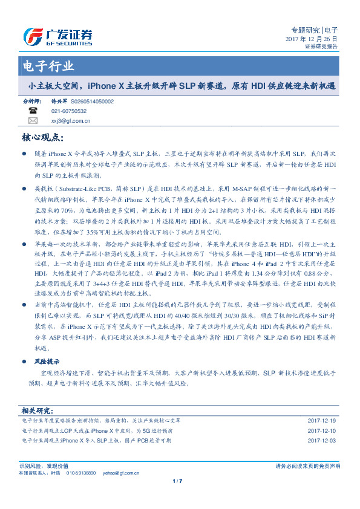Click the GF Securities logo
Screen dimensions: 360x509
[x=57, y=37]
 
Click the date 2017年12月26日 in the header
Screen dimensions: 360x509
[x=311, y=38]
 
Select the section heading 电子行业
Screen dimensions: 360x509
[x=48, y=66]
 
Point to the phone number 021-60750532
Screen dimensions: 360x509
[x=68, y=111]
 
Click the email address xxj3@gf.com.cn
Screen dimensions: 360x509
[x=70, y=120]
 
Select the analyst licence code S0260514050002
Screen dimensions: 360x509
[x=93, y=102]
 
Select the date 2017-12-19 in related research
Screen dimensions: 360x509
[x=321, y=420]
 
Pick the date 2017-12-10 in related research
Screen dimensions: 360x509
[x=321, y=430]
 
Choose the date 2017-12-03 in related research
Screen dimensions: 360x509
[x=321, y=440]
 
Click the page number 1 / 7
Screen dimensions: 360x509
[x=178, y=481]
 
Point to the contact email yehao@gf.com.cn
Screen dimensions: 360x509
[x=117, y=472]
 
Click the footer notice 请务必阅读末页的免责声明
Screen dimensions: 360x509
[x=307, y=466]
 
